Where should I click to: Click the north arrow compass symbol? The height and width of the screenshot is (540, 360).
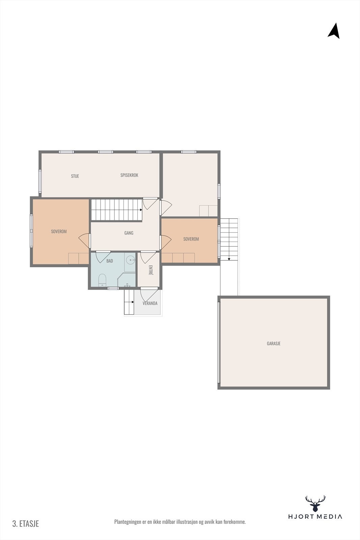tap(334, 31)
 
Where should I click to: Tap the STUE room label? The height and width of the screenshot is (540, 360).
tap(75, 176)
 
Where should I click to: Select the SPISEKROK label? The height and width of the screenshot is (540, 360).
tap(129, 175)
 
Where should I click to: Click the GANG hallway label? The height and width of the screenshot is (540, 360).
tap(129, 233)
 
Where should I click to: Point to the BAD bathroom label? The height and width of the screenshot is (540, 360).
tap(110, 261)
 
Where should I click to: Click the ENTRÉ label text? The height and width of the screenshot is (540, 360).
tap(150, 270)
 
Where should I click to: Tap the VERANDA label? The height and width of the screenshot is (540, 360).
tap(150, 303)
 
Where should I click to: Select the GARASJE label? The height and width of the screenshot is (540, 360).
tap(274, 344)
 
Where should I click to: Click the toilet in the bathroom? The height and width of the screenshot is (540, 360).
tap(102, 280)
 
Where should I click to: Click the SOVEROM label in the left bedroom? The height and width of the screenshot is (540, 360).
tap(59, 232)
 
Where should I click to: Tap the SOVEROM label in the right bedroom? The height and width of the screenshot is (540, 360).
tap(191, 239)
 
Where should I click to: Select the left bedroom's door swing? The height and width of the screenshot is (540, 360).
tap(85, 240)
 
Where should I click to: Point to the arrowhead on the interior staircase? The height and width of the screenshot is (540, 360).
tap(141, 210)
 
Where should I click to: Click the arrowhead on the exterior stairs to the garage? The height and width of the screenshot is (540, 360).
tap(229, 259)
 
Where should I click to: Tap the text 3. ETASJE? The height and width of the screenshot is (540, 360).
tap(26, 523)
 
